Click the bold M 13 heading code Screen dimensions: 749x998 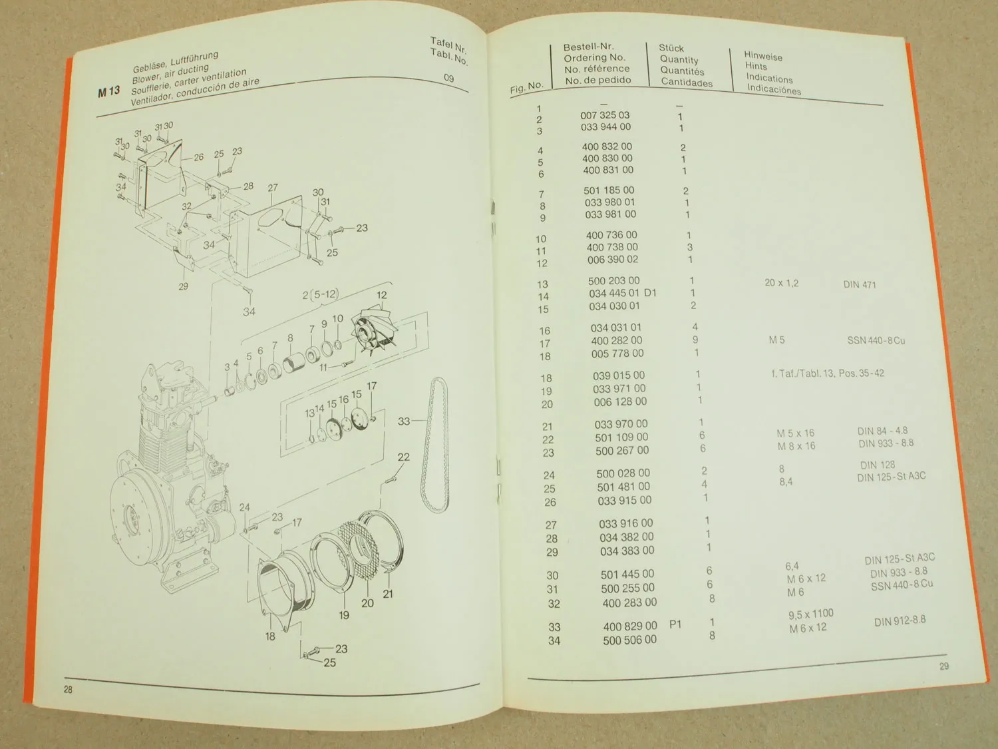coord(108,91)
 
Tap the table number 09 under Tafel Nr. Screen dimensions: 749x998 coord(448,78)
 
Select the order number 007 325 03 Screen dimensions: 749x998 coord(605,115)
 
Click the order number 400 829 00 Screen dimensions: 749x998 coord(629,626)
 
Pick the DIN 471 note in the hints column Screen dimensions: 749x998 coord(859,284)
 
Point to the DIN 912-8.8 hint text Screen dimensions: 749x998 coord(900,621)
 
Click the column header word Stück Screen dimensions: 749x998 coord(671,48)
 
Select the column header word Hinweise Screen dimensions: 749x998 coord(762,57)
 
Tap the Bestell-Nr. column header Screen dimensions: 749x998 coord(588,47)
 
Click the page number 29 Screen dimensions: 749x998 coord(943,666)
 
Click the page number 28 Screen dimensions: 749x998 coord(68,689)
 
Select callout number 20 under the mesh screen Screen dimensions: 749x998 coord(367,603)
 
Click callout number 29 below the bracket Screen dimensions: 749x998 coord(183,286)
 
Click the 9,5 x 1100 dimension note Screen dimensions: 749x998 coord(810,614)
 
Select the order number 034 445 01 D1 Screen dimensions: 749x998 coord(623,293)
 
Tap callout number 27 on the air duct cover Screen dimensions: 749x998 coord(272,188)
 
